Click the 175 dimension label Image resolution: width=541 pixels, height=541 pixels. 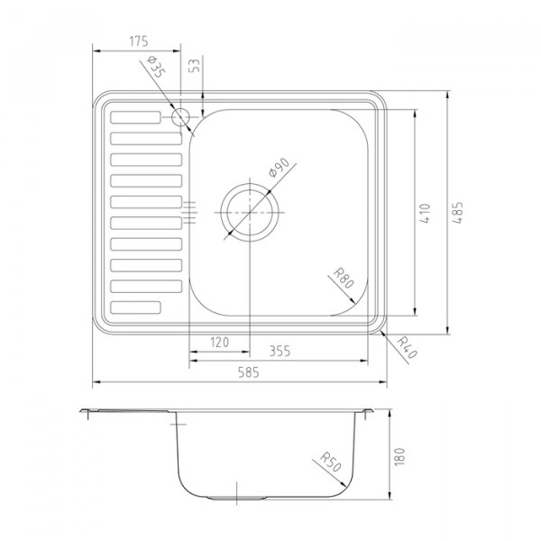click(x=139, y=41)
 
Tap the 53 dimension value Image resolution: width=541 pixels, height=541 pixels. click(x=195, y=66)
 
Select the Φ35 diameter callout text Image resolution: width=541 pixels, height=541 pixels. click(x=156, y=67)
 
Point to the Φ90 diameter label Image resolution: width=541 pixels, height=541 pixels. click(x=279, y=168)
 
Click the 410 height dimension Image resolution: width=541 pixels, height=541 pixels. click(x=426, y=214)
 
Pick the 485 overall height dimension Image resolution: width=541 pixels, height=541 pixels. click(x=458, y=213)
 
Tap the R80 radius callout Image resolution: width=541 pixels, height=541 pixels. click(x=344, y=278)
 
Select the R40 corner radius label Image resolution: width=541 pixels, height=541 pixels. click(x=408, y=347)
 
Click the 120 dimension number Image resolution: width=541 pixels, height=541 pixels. click(x=219, y=343)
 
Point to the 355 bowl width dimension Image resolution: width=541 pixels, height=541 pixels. click(x=280, y=352)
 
